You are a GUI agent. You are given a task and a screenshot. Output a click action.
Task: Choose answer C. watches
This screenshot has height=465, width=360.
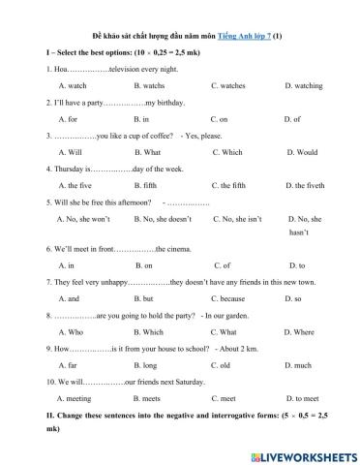(x=227, y=85)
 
